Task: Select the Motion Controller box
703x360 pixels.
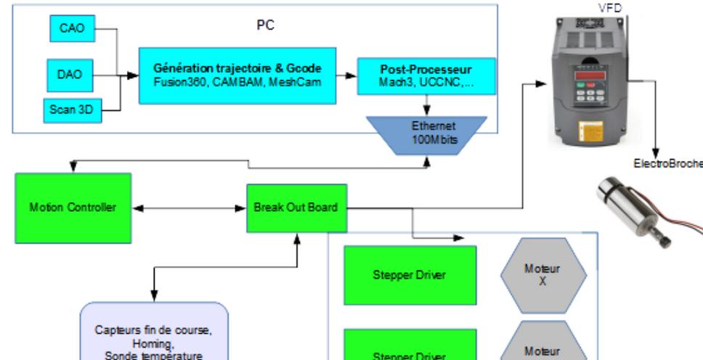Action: [73, 208]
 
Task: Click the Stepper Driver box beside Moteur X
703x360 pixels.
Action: [410, 275]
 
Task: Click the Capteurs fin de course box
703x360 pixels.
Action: [154, 330]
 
